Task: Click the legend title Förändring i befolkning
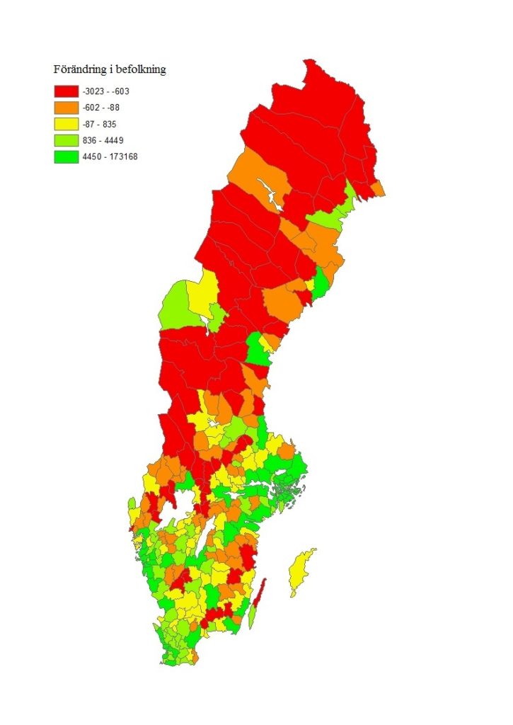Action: click(110, 70)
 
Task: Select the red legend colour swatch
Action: click(66, 91)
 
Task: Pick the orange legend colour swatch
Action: click(66, 108)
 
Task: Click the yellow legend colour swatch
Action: click(66, 124)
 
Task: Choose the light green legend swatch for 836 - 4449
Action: click(66, 140)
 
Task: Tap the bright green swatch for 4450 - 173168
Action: click(66, 156)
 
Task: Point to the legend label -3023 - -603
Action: click(106, 91)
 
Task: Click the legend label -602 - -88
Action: click(101, 108)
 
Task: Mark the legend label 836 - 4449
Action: click(103, 140)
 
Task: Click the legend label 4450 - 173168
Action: click(110, 156)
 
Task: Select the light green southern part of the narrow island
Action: click(252, 616)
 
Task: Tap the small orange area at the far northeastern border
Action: click(379, 188)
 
